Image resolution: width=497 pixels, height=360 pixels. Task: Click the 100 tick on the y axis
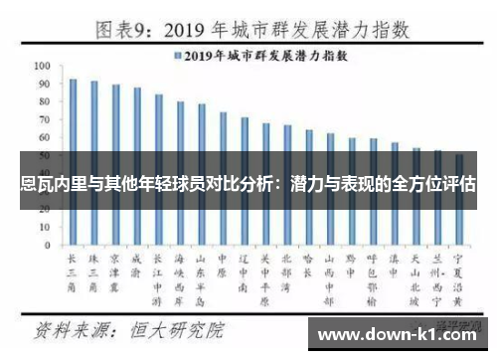(x=42, y=65)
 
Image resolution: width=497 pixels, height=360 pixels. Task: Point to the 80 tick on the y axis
(x=44, y=100)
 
